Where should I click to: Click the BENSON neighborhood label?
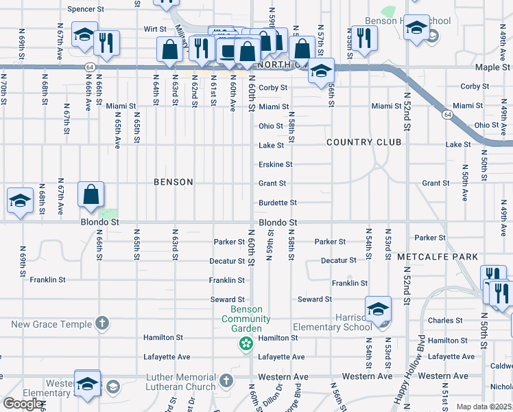173,182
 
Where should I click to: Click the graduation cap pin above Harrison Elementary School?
378,310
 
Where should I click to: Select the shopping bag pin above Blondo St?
91,195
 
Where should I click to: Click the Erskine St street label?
275,165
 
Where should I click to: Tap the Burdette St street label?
277,203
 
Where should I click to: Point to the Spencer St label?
86,10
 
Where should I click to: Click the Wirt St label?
155,29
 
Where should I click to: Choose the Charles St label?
445,321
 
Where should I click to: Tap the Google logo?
23,403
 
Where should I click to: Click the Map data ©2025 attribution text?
484,407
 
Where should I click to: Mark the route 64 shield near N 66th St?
91,67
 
